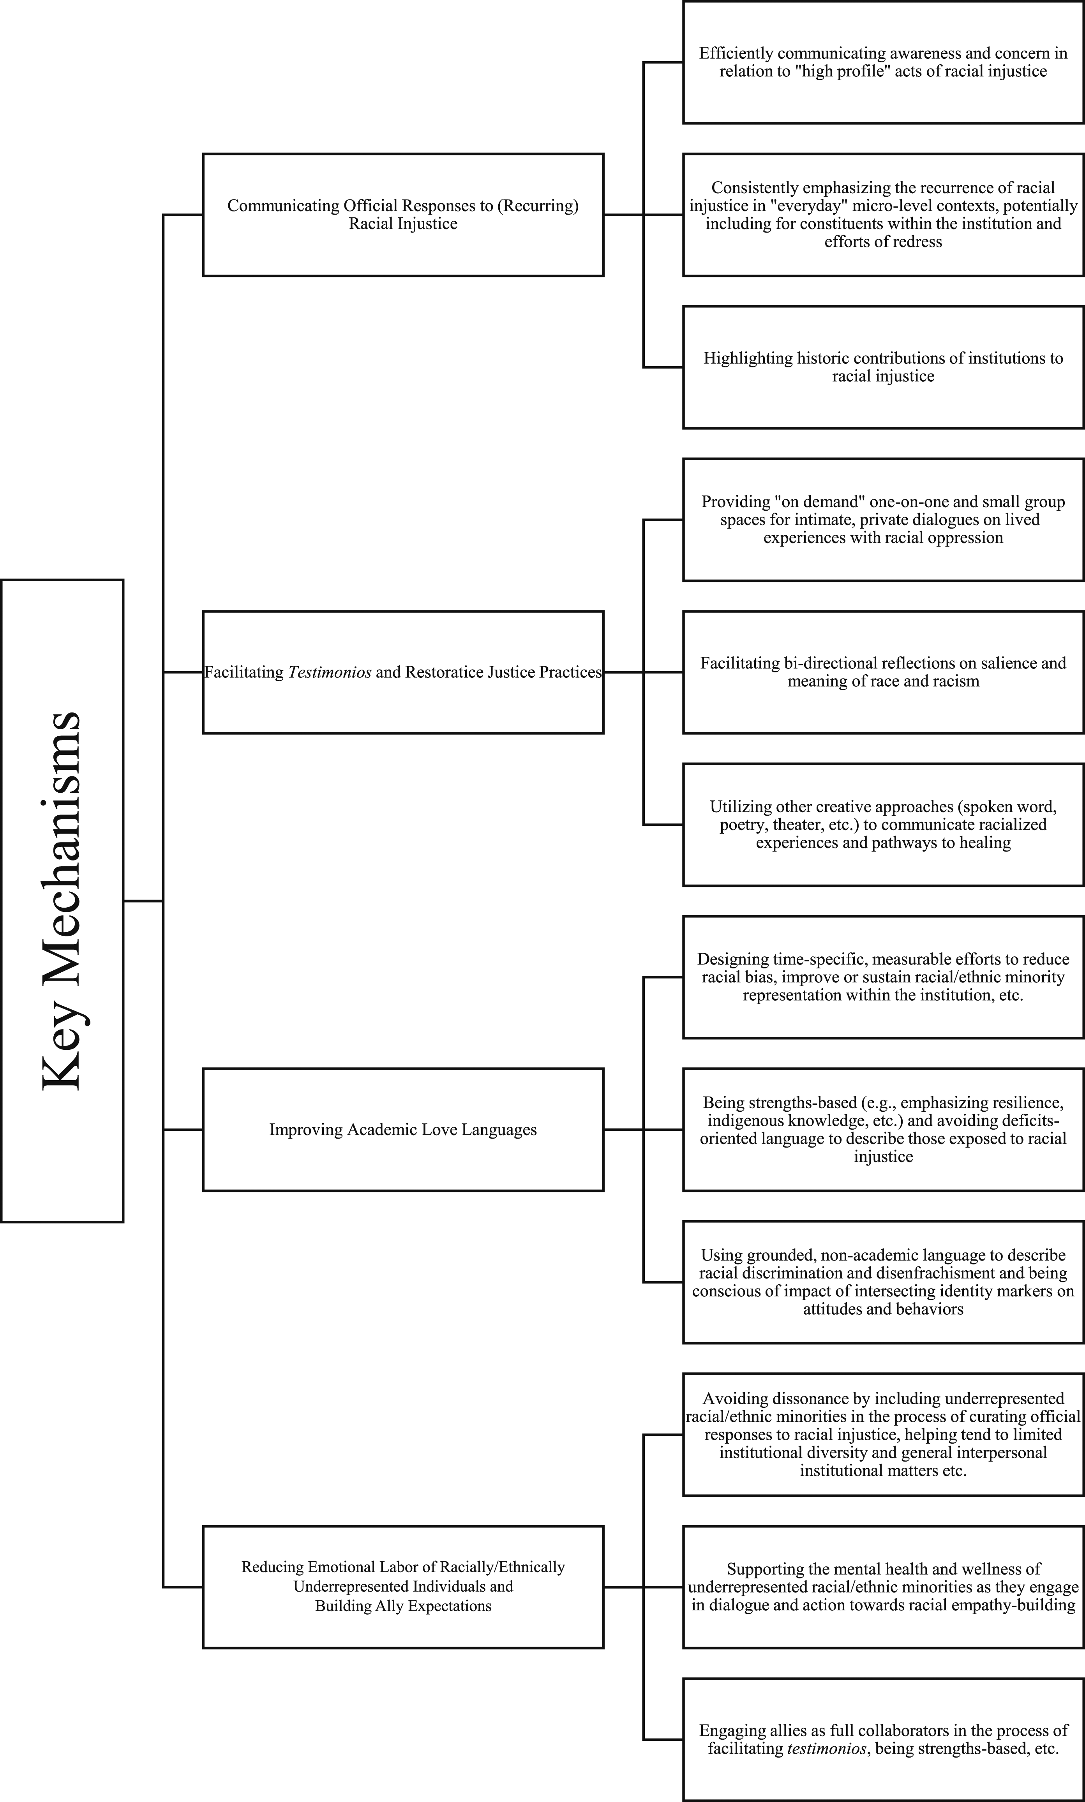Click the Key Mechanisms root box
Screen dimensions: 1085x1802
[62, 901]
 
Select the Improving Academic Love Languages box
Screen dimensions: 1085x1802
[403, 1129]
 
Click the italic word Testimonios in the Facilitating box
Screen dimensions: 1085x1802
[330, 672]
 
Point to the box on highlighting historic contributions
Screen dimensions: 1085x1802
[883, 367]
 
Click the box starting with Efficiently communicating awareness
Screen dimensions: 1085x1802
[883, 62]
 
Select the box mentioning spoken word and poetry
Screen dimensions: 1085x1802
[883, 825]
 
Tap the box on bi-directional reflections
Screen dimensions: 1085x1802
[883, 672]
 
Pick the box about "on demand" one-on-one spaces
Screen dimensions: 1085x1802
[883, 520]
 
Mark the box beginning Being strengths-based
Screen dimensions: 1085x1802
[883, 1129]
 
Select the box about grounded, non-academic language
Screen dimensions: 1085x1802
[883, 1282]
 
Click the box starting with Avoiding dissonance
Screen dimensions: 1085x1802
[883, 1434]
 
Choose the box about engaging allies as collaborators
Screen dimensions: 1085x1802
[883, 1739]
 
